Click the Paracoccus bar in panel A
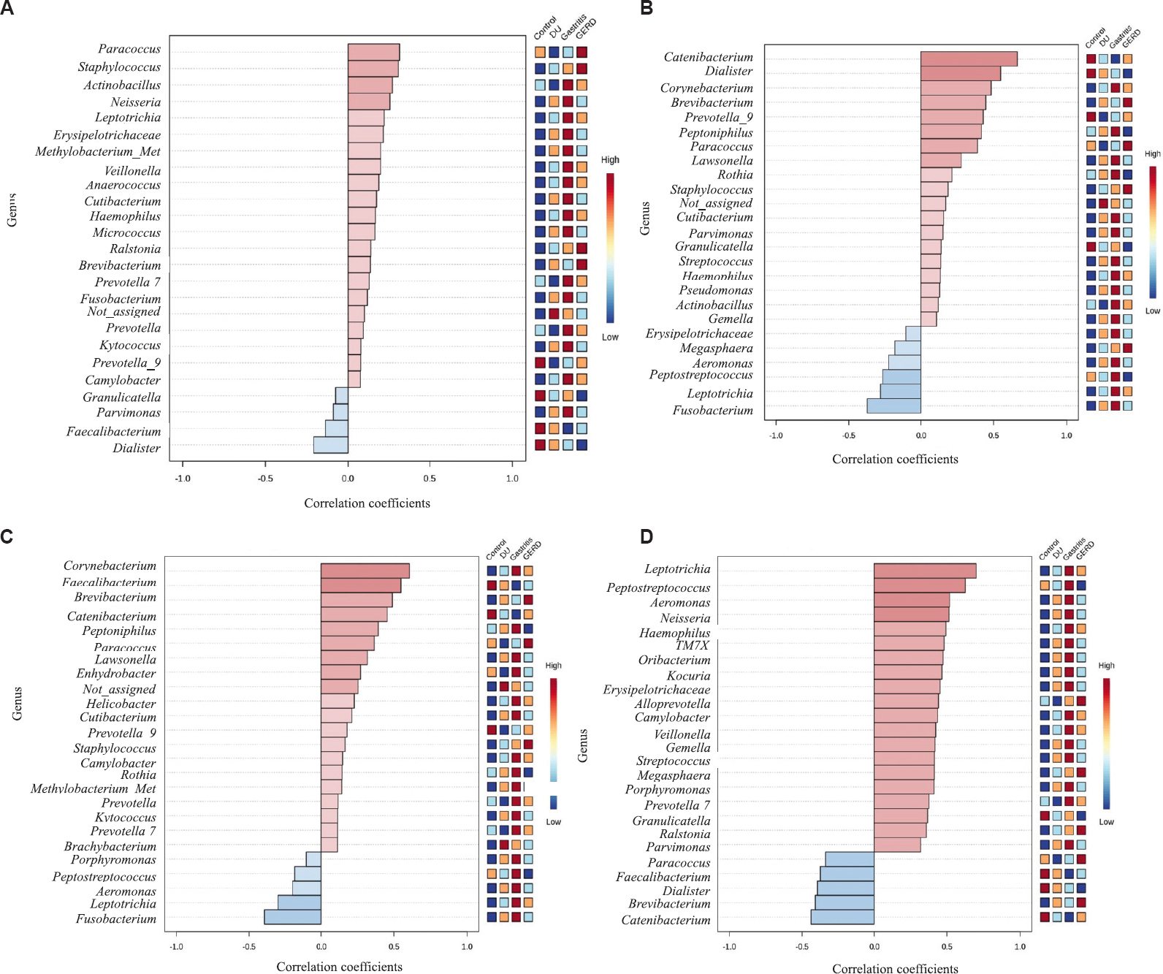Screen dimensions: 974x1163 (373, 52)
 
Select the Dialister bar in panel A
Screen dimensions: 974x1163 (331, 445)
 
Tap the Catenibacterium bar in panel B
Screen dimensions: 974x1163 (968, 58)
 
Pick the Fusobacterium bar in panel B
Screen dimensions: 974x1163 (893, 406)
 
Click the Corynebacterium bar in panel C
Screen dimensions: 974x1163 (365, 571)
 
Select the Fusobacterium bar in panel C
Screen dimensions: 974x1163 (292, 916)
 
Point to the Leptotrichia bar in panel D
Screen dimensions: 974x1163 (924, 571)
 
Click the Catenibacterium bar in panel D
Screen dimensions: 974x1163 (842, 916)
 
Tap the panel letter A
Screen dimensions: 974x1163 (7, 8)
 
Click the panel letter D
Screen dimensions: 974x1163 (646, 536)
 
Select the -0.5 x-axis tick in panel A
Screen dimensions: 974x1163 (265, 479)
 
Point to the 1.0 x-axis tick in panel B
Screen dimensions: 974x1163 (1066, 435)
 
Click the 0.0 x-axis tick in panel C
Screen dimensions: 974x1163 (321, 946)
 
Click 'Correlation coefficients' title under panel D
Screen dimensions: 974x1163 (895, 968)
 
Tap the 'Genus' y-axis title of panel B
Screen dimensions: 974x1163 (644, 218)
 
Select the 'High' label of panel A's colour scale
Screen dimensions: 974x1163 (610, 159)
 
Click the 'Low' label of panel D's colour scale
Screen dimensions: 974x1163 (1106, 822)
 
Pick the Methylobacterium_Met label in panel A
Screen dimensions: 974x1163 (98, 151)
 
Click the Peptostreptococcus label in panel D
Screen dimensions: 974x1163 (658, 587)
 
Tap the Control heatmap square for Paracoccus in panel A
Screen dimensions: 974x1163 (540, 52)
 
